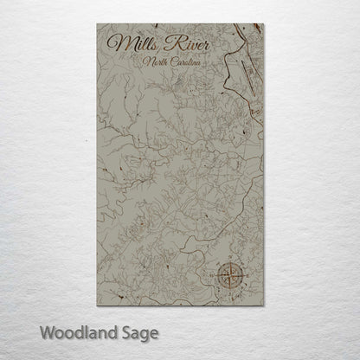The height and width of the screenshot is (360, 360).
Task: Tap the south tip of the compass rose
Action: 235,288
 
